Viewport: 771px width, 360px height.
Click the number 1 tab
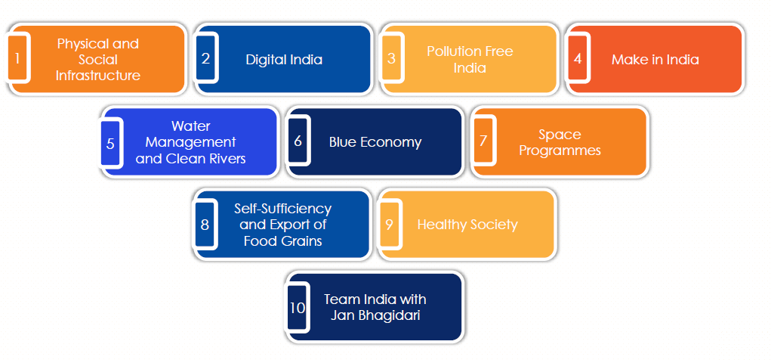tap(17, 58)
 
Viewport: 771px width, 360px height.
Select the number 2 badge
tap(205, 58)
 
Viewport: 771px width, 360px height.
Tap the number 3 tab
tap(391, 58)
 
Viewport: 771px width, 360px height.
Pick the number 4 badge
tap(578, 58)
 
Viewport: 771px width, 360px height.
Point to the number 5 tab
tap(111, 143)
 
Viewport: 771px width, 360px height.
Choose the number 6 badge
tap(298, 141)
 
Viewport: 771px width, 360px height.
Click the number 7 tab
tap(483, 141)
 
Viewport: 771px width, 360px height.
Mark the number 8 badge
tap(205, 225)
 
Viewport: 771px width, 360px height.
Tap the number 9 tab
tap(390, 225)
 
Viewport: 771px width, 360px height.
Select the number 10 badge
tap(298, 307)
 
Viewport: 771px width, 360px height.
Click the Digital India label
tap(284, 60)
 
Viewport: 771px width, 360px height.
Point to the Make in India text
tap(655, 60)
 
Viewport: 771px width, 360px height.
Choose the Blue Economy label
tap(375, 142)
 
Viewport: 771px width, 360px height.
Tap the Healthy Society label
tap(467, 225)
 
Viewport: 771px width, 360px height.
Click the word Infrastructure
tap(98, 76)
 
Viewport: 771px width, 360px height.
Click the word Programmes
tap(560, 151)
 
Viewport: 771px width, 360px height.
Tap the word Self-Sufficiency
tap(282, 209)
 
